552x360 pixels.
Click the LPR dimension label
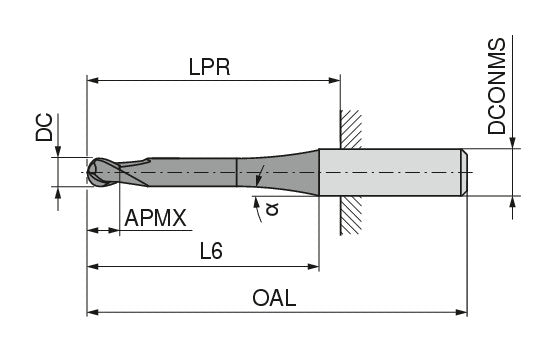point(209,67)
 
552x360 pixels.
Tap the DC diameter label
point(44,127)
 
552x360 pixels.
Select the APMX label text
point(155,218)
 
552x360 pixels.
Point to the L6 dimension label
point(211,251)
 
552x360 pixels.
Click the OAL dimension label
point(274,298)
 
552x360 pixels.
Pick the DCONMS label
point(497,86)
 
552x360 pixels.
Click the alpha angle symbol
point(272,208)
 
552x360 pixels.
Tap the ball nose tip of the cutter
point(94,172)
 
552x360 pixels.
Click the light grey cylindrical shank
point(390,172)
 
